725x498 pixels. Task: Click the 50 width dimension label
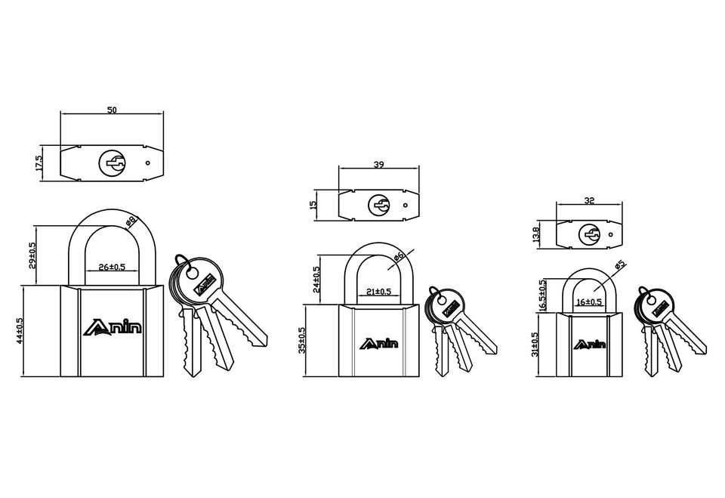point(112,110)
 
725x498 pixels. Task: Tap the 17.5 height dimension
point(39,163)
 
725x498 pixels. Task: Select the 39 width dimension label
point(378,164)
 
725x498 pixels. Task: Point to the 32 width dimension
point(589,200)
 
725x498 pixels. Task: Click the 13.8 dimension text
point(536,235)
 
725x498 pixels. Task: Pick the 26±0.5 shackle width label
point(112,267)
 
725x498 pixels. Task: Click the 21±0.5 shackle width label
point(378,292)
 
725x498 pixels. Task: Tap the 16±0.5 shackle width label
point(589,302)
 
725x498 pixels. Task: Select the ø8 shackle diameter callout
point(131,221)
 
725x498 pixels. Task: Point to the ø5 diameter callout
point(620,266)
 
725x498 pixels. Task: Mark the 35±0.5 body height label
point(302,341)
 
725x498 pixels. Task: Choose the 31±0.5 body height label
point(535,345)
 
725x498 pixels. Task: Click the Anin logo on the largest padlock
point(113,327)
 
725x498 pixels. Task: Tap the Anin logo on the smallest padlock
point(590,345)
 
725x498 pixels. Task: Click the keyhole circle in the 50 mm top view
point(112,163)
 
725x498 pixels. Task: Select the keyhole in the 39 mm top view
point(379,205)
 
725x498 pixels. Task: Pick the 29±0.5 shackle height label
point(32,255)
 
